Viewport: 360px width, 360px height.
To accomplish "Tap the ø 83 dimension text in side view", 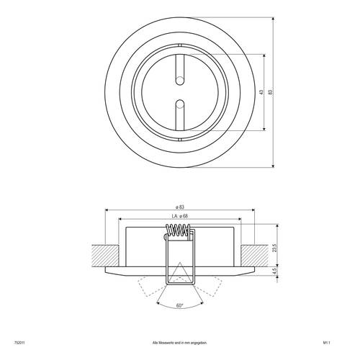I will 180,207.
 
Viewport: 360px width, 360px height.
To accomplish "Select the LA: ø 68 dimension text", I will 180,217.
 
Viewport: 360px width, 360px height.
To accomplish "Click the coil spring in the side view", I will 180,231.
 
